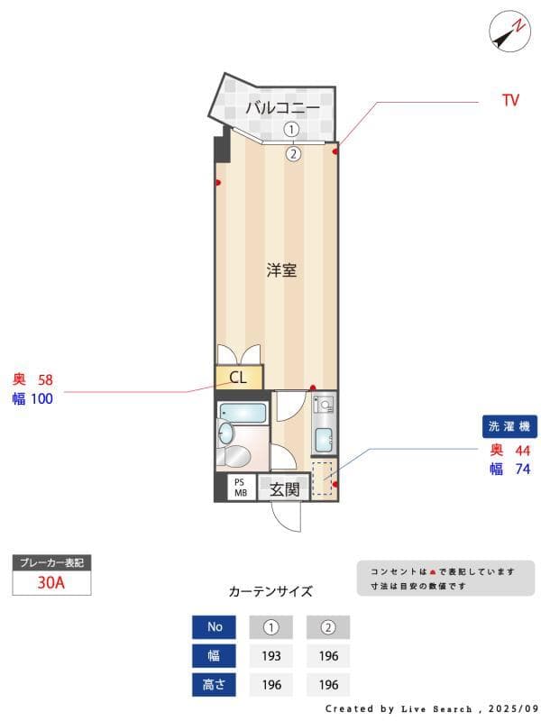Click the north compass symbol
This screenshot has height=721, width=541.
coord(509,32)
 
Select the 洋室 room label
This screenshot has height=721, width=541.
coord(281,269)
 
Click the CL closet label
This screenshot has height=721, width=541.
coord(238,378)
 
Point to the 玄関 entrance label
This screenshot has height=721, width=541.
coord(284,489)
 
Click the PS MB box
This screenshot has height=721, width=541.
coord(241,488)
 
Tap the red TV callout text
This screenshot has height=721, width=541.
coord(510,101)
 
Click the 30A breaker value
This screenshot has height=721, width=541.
coord(51,582)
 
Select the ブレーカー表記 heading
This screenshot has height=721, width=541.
coord(51,562)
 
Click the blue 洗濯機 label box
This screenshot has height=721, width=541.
coord(509,426)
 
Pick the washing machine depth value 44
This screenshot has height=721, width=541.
coord(522,451)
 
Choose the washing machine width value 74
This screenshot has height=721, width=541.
coord(522,469)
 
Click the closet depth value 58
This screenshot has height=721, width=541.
coord(45,379)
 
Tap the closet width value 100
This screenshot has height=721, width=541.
coord(41,398)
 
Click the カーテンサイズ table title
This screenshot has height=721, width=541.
coord(270,592)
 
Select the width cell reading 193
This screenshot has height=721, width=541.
coord(271,656)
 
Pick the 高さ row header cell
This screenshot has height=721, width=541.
coord(215,685)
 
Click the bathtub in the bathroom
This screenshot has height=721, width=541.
coord(243,415)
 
